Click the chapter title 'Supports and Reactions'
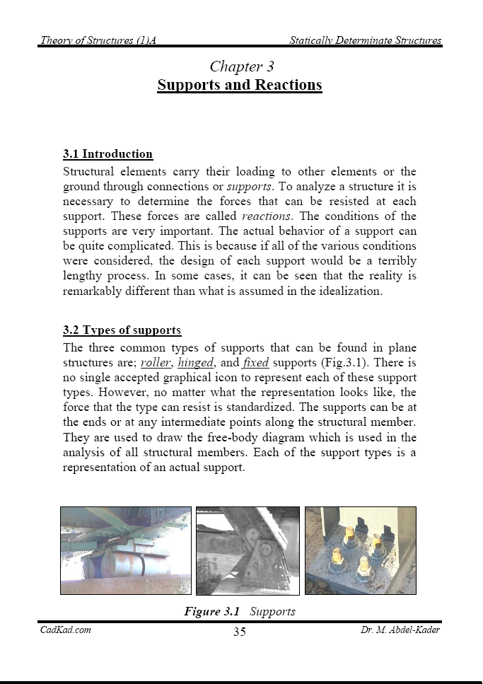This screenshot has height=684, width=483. coord(239,86)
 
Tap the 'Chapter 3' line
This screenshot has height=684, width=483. coord(241,66)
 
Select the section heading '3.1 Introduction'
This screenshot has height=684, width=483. coord(107,154)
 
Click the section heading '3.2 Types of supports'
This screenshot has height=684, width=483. coord(122,330)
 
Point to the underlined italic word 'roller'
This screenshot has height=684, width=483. coord(156,363)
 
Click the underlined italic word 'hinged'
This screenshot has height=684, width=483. coord(195,363)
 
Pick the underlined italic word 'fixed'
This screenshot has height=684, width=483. coord(255,363)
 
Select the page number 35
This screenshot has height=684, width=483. coord(240,632)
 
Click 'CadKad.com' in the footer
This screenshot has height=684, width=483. coord(66,630)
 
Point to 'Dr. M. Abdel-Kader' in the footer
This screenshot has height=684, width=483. coord(400,630)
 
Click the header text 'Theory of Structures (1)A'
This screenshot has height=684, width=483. coord(98,40)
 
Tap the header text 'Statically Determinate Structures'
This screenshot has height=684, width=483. coord(365,40)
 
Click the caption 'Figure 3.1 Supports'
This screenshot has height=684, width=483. coord(240,611)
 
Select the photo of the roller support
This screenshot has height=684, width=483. coord(125,550)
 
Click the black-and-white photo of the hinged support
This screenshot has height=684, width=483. coord(247,550)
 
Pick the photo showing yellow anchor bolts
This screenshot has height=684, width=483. coord(360,550)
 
